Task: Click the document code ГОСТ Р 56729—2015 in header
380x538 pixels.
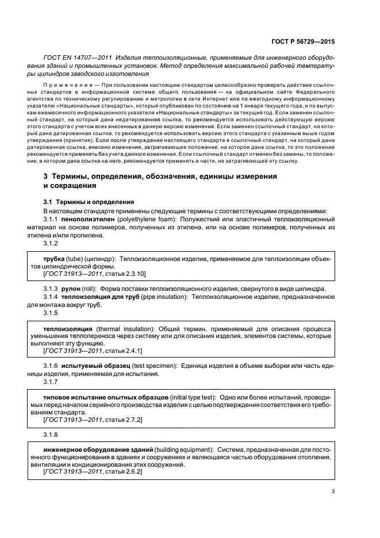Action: pyautogui.click(x=303, y=41)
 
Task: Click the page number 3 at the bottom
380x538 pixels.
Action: pyautogui.click(x=333, y=491)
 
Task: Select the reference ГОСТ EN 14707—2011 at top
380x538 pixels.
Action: pyautogui.click(x=78, y=58)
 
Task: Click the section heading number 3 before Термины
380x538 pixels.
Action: pyautogui.click(x=47, y=178)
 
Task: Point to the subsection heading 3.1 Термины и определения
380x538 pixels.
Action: pyautogui.click(x=89, y=202)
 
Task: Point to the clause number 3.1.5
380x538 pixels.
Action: pyautogui.click(x=52, y=313)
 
